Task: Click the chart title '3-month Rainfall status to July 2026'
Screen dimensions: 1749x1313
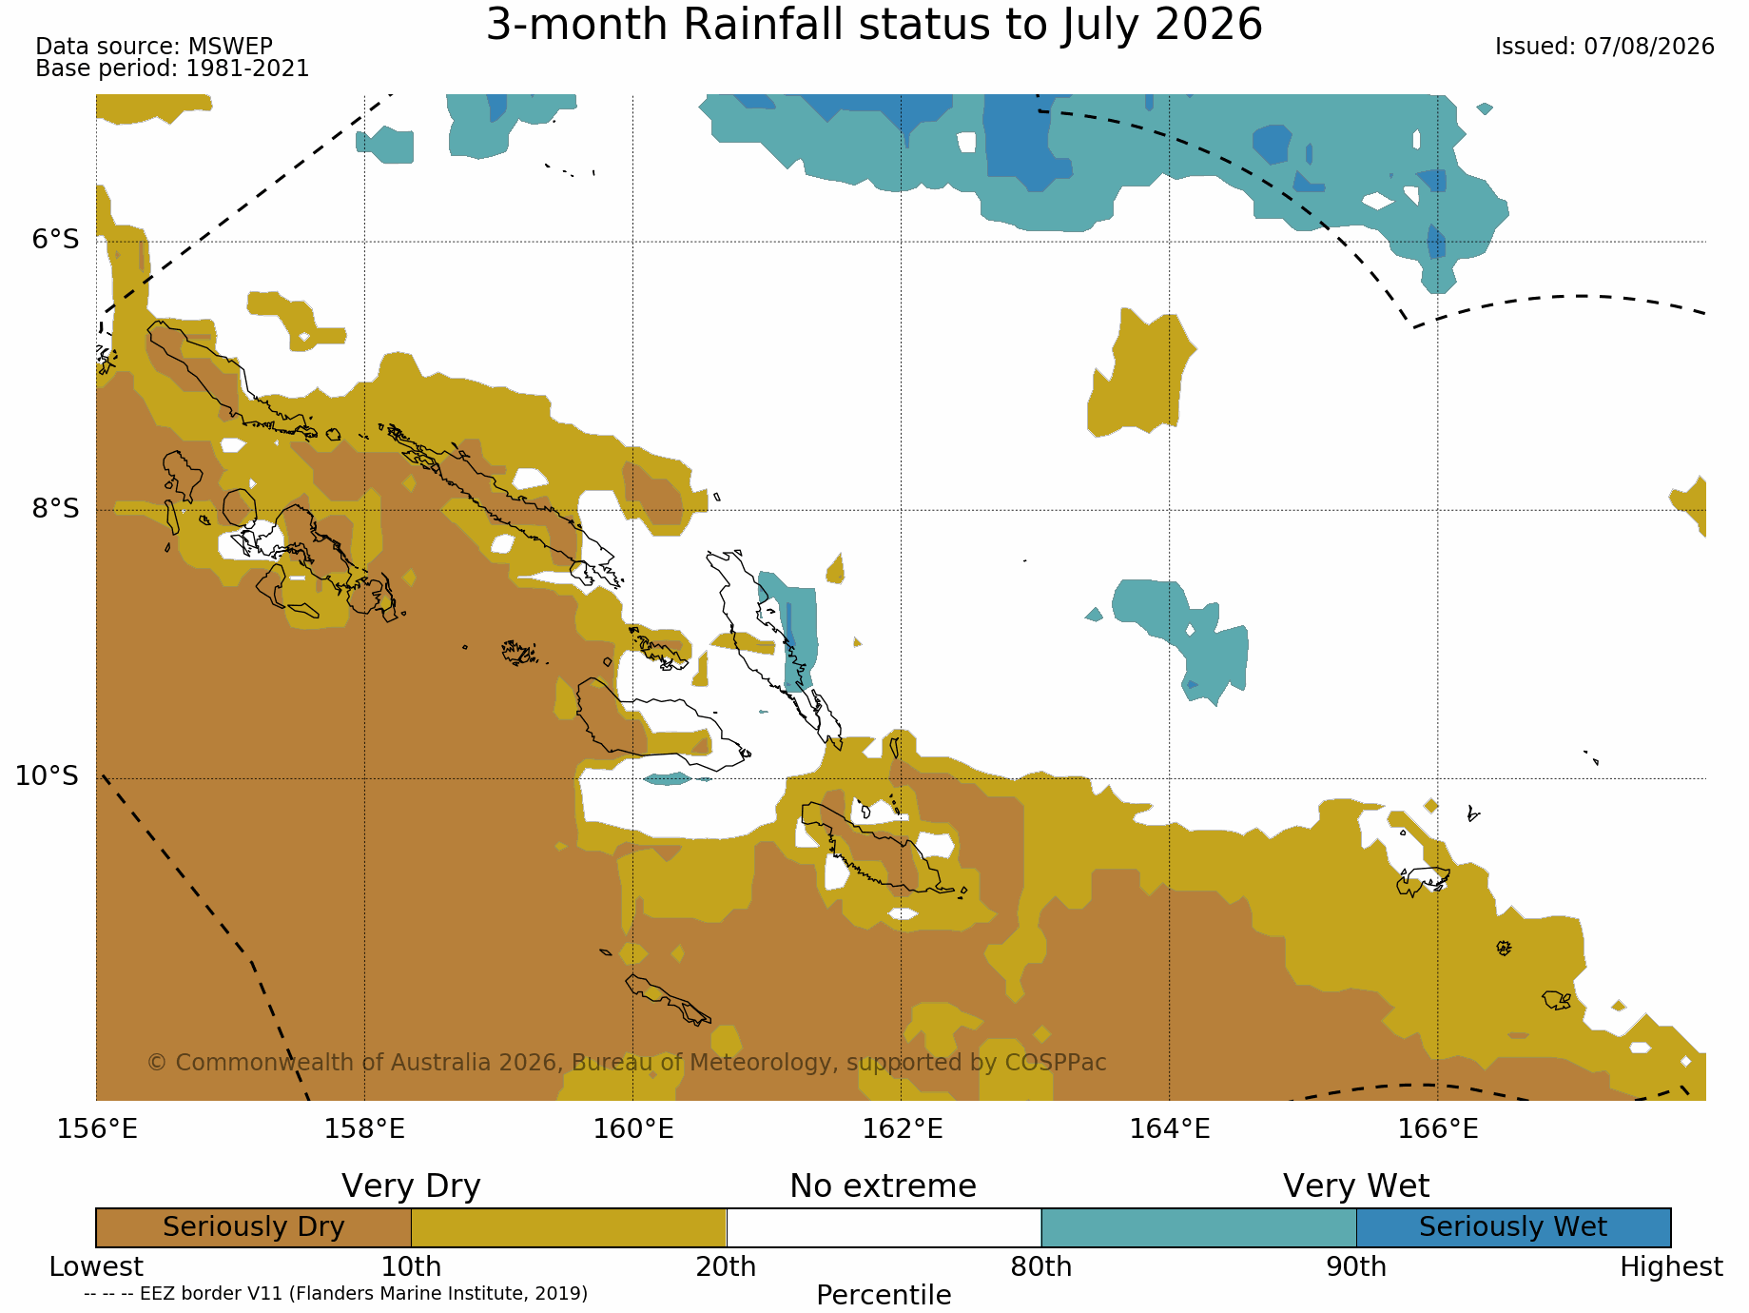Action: click(874, 25)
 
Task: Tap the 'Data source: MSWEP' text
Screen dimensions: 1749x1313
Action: click(154, 46)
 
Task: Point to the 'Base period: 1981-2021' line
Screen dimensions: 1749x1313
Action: click(172, 69)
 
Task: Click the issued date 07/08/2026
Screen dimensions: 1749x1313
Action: click(1649, 47)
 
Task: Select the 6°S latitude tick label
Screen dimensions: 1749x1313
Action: click(56, 239)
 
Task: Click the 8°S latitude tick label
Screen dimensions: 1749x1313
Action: click(56, 508)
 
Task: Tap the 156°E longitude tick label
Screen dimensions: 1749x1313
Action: click(97, 1129)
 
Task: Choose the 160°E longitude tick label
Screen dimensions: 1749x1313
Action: click(633, 1129)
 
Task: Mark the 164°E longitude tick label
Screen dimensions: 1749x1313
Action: click(1170, 1129)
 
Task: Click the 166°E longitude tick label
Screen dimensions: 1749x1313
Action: click(1438, 1129)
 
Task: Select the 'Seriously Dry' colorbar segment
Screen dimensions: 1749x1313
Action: click(254, 1227)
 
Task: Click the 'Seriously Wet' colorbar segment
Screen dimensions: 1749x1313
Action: click(1513, 1227)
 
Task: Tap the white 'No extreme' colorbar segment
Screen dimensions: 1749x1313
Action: click(884, 1227)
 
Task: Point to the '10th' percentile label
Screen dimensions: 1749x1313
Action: click(411, 1267)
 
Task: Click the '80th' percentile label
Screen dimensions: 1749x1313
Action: click(1040, 1267)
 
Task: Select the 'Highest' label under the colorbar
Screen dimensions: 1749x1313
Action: click(1671, 1267)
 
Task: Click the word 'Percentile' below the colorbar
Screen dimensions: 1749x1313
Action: click(884, 1295)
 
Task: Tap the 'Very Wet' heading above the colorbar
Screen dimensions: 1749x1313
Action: click(1356, 1186)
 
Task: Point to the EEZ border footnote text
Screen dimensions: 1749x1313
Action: click(336, 1294)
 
